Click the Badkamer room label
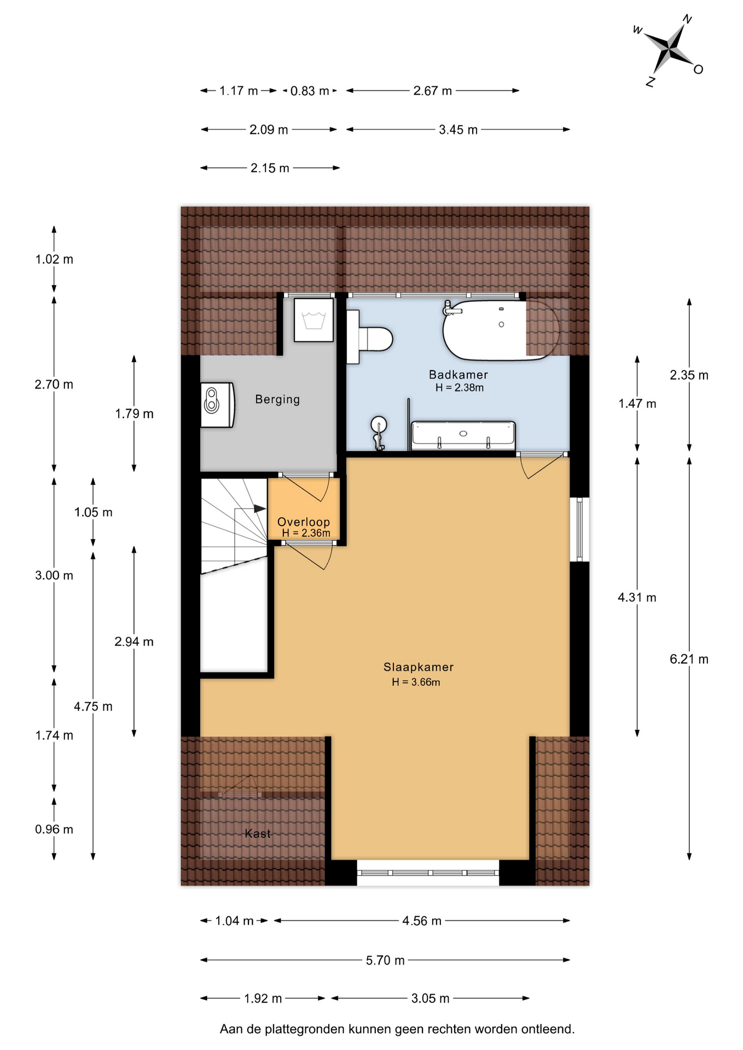[458, 375]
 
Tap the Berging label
[277, 399]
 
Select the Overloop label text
[304, 522]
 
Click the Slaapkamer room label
[419, 667]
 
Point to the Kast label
[258, 833]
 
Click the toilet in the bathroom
[370, 337]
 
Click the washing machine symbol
[314, 320]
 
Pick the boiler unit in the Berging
[217, 405]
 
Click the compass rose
[669, 49]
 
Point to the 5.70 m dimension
[385, 960]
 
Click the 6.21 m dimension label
[689, 659]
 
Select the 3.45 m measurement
[458, 130]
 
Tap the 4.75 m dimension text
[93, 707]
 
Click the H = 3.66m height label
[416, 682]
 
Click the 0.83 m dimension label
[310, 91]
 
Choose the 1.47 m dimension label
[637, 404]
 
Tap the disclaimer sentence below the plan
[397, 1029]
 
